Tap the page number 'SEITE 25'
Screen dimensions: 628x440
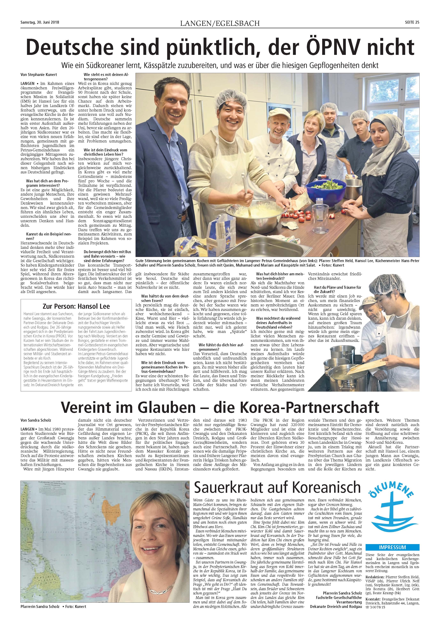pyautogui.click(x=412, y=22)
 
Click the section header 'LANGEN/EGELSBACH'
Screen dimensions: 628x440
pyautogui.click(x=220, y=23)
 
